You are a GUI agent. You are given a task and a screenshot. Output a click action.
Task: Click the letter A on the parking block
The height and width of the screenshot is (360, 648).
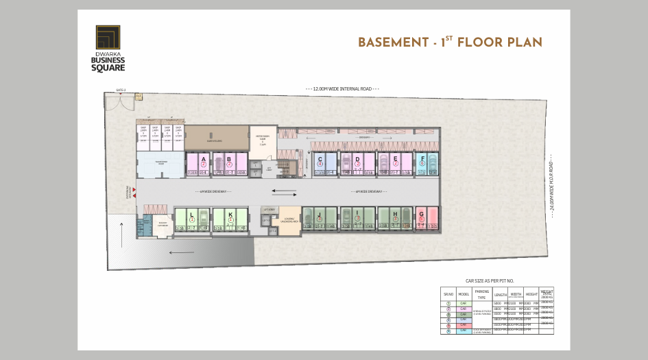pyautogui.click(x=204, y=158)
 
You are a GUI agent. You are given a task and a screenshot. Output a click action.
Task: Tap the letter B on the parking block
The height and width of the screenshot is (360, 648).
pyautogui.click(x=230, y=158)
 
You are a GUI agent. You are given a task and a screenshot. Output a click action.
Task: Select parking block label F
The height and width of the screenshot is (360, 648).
pyautogui.click(x=423, y=158)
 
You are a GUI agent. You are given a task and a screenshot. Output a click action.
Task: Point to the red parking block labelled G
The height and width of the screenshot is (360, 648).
pyautogui.click(x=421, y=214)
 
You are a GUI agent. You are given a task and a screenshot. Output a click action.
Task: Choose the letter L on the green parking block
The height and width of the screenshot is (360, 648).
pyautogui.click(x=192, y=214)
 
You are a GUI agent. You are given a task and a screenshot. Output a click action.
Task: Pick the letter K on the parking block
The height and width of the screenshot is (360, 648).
pyautogui.click(x=230, y=214)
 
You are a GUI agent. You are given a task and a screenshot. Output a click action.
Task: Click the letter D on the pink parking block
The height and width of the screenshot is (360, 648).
pyautogui.click(x=357, y=158)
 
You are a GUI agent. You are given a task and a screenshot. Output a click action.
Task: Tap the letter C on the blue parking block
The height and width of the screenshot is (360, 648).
pyautogui.click(x=320, y=158)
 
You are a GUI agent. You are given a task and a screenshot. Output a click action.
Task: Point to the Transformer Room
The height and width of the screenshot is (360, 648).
pyautogui.click(x=161, y=163)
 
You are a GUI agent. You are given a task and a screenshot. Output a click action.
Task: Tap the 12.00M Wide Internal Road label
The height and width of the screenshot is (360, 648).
pyautogui.click(x=342, y=89)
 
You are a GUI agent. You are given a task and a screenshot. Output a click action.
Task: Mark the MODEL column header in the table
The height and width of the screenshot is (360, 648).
pyautogui.click(x=463, y=294)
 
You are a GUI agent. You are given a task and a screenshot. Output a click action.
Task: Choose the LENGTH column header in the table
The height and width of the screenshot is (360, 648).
pyautogui.click(x=501, y=294)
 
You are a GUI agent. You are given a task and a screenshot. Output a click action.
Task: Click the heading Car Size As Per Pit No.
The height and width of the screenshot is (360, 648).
pyautogui.click(x=490, y=280)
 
